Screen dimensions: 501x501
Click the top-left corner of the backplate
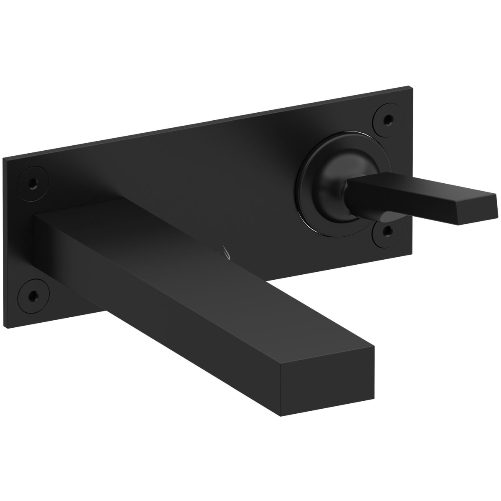[x=3, y=158]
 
